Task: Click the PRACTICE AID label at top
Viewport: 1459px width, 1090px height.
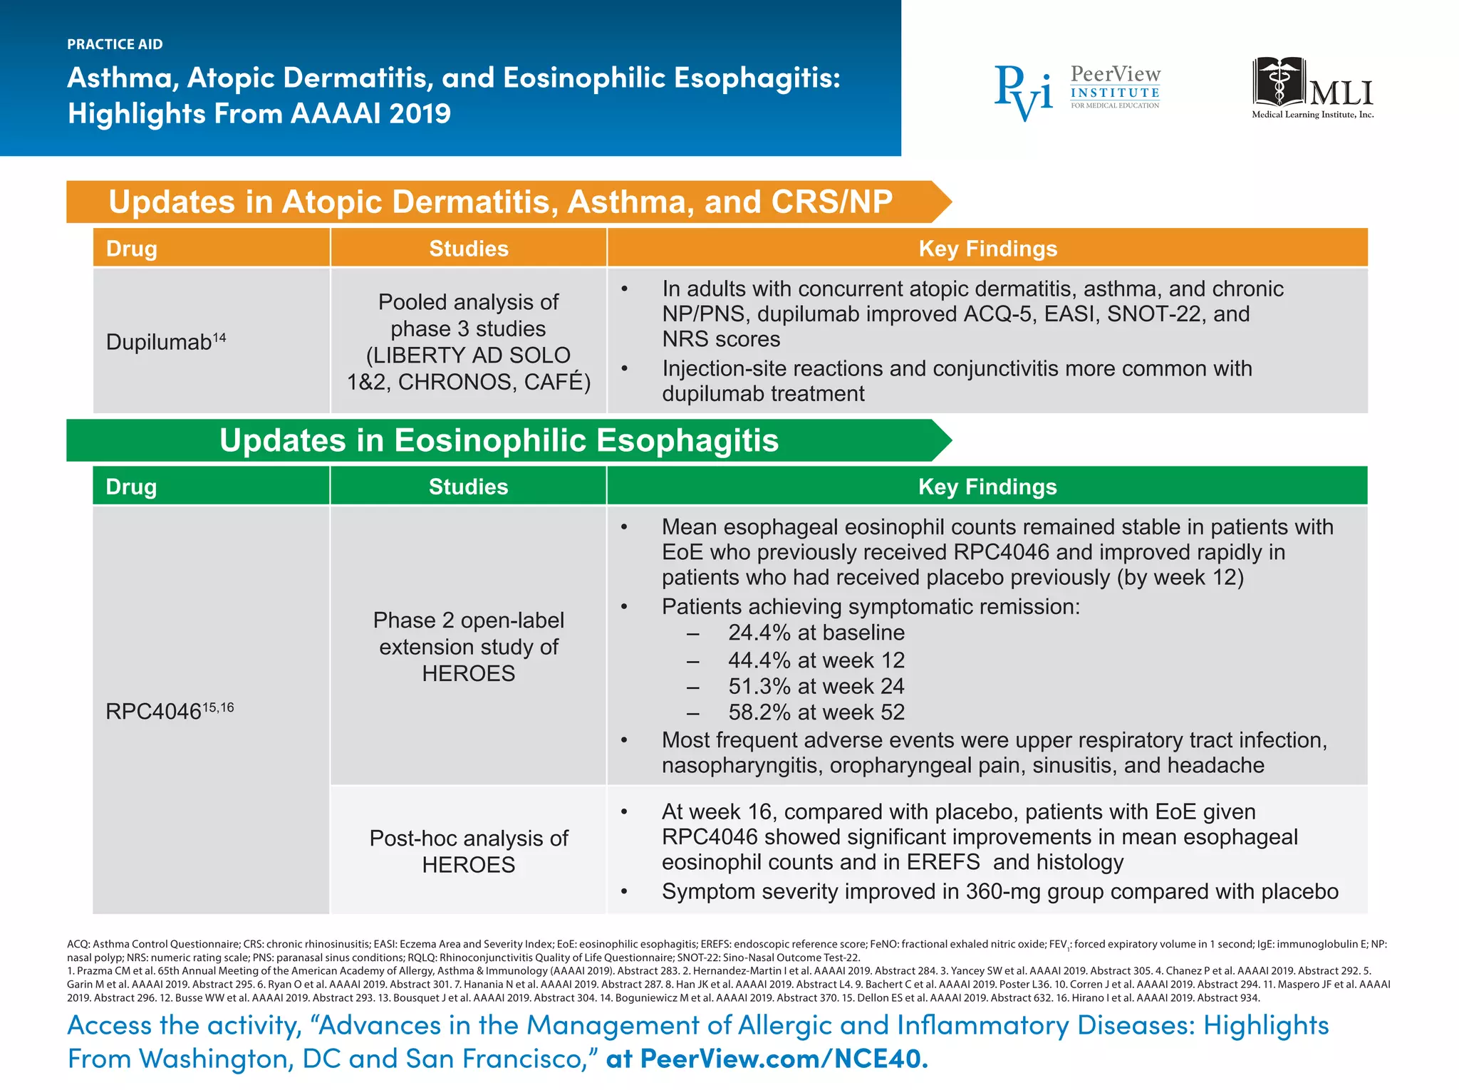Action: [x=115, y=44]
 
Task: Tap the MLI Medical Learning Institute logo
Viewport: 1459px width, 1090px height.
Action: [x=1312, y=89]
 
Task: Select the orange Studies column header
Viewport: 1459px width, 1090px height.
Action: [x=468, y=249]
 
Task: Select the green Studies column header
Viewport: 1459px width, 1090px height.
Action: [x=468, y=487]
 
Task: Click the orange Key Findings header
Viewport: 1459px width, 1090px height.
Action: [x=987, y=249]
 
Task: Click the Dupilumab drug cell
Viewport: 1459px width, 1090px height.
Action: [x=165, y=341]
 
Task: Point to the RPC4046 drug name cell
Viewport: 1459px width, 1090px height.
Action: [x=169, y=710]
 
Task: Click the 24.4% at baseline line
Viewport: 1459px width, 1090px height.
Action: [x=816, y=633]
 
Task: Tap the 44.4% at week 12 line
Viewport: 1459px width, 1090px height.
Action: [x=816, y=660]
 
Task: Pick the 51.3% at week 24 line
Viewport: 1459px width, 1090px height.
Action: [x=816, y=686]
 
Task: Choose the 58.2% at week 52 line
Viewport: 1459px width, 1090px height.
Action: [x=816, y=712]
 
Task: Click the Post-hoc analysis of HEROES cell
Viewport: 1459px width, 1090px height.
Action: [x=468, y=851]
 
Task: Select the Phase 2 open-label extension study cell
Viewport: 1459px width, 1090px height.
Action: [x=468, y=646]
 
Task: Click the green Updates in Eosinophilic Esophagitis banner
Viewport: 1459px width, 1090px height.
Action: [x=499, y=440]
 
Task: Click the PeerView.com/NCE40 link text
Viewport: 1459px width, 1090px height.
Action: [x=784, y=1059]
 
